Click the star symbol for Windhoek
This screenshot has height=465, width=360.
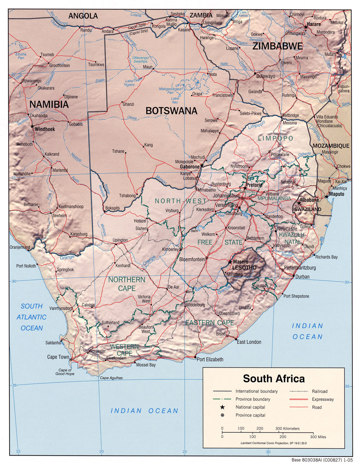click(x=32, y=127)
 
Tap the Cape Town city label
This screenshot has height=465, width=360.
click(x=58, y=357)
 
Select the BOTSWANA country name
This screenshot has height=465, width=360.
click(x=171, y=111)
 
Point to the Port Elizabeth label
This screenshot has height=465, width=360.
click(x=210, y=359)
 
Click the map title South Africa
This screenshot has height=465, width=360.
click(x=274, y=379)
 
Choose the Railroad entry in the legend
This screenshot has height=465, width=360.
click(x=320, y=391)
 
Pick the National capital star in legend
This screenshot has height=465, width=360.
click(x=222, y=407)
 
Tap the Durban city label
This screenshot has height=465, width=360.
click(x=302, y=277)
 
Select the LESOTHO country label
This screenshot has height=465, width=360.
click(x=244, y=268)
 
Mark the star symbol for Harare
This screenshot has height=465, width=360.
click(x=306, y=27)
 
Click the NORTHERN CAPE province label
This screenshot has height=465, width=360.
click(x=127, y=284)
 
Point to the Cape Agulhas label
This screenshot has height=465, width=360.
click(x=111, y=378)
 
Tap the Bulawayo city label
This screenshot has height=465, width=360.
click(x=266, y=76)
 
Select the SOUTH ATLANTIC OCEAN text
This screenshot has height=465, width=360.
click(x=32, y=317)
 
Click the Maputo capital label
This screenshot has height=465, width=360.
click(x=337, y=194)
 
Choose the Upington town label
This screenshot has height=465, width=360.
click(x=120, y=240)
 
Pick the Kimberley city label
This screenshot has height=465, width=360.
click(x=170, y=249)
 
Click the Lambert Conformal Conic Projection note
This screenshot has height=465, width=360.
click(x=274, y=443)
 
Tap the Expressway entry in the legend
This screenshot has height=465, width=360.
click(x=323, y=399)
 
